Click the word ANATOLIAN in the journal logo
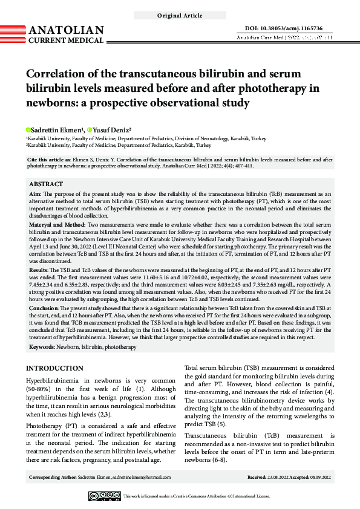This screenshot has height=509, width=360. tap(66, 30)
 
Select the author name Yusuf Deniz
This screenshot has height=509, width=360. tap(114, 130)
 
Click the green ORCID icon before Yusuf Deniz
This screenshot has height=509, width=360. tap(89, 130)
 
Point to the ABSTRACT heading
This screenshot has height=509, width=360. tap(46, 184)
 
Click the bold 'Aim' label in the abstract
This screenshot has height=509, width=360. tap(34, 194)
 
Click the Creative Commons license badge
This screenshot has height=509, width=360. tap(105, 496)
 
